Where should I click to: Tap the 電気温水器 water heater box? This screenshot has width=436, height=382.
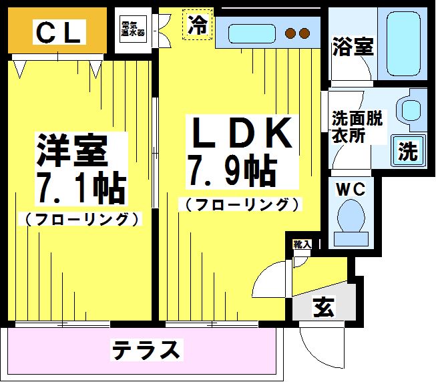(133, 29)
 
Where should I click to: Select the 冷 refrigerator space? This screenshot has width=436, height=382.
(198, 25)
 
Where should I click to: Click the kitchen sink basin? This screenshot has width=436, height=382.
(252, 33)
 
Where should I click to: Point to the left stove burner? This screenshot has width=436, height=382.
(290, 33)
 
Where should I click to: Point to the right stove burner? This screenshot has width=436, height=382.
(304, 33)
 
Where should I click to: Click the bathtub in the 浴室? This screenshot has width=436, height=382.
(403, 43)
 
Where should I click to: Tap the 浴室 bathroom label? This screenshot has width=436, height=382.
(353, 47)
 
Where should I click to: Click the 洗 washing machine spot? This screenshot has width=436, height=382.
(408, 151)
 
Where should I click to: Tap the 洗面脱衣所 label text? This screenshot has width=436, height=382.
(357, 127)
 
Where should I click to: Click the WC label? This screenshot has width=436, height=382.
(351, 190)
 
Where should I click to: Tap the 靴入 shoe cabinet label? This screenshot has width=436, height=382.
(302, 244)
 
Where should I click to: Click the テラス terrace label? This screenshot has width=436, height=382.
(146, 350)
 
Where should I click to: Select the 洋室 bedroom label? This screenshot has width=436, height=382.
(72, 150)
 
